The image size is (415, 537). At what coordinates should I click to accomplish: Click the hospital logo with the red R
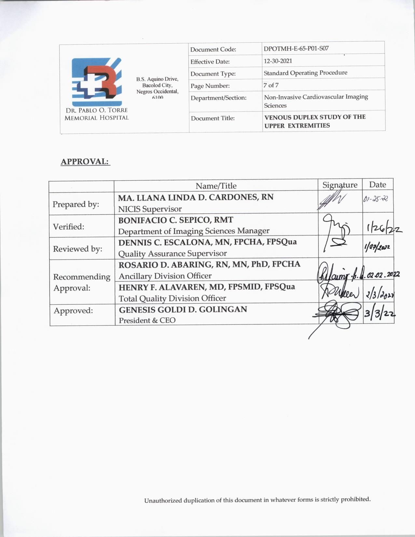[97, 81]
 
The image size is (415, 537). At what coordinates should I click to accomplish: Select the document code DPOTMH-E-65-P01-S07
[296, 49]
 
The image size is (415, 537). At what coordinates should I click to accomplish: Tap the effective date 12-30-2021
[278, 61]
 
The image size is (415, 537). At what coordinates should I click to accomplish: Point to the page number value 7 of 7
[271, 85]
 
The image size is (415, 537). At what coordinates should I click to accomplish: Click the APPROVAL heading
[85, 161]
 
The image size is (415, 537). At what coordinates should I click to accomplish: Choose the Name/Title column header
[216, 186]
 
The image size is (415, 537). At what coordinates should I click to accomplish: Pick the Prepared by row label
[76, 204]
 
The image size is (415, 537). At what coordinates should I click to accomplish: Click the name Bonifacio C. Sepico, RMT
[175, 220]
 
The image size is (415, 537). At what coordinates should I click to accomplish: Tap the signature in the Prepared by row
[332, 201]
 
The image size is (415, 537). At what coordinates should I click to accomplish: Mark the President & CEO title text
[147, 320]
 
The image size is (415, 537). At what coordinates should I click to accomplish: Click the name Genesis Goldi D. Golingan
[183, 309]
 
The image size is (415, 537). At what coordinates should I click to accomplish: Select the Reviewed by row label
[77, 249]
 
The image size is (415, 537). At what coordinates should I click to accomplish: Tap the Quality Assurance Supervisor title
[173, 254]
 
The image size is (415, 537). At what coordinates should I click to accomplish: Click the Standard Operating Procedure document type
[305, 73]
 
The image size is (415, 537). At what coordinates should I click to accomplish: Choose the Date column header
[378, 185]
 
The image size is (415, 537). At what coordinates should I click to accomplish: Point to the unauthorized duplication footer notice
[257, 500]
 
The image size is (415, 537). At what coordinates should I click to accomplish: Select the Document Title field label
[213, 118]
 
